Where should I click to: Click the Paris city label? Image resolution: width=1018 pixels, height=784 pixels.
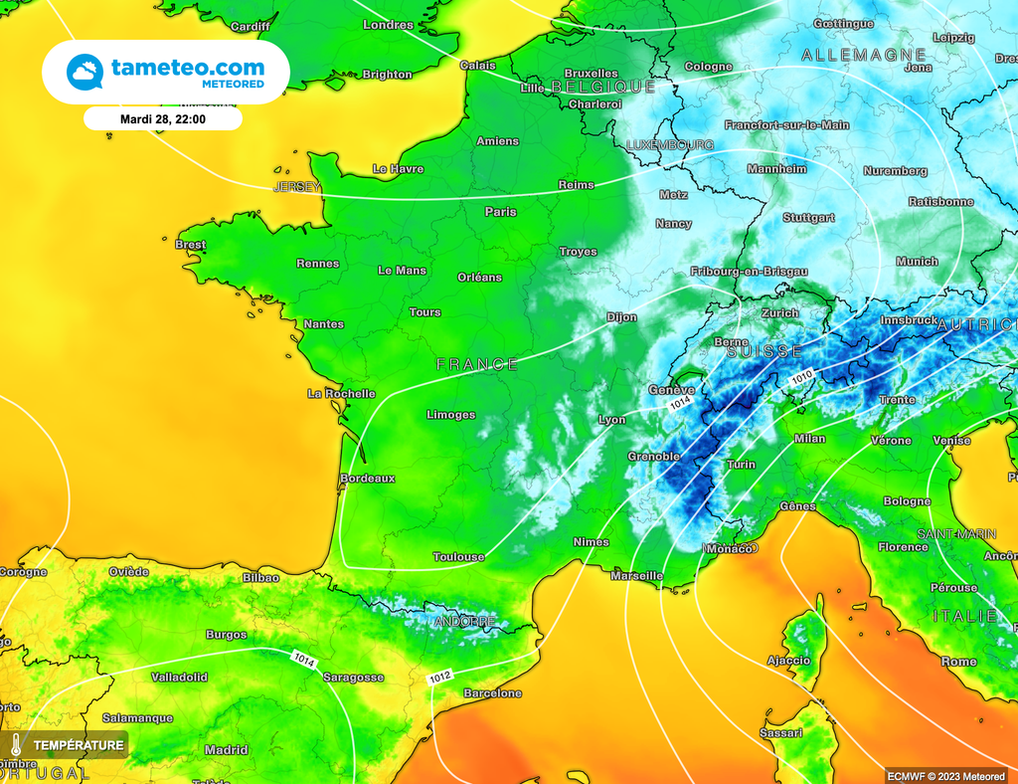500,212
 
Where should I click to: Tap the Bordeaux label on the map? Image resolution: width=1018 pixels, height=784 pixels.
367,479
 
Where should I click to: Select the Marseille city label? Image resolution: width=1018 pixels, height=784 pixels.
636,576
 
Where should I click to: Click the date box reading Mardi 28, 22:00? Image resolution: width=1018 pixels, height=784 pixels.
163,118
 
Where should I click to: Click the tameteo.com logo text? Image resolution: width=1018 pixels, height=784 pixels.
187,68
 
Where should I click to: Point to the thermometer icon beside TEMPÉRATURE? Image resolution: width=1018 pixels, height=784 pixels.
17,744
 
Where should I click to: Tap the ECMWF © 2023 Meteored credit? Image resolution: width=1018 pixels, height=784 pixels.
945,775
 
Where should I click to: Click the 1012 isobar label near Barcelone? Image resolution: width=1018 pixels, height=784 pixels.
440,678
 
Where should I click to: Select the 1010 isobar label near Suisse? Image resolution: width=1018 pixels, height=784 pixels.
802,379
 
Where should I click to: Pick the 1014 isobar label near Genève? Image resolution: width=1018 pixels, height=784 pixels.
680,405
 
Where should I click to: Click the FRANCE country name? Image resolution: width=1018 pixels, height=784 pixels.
477,365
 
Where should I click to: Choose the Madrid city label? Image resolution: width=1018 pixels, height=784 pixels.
226,750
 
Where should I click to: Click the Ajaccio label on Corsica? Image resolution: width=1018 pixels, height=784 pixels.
788,661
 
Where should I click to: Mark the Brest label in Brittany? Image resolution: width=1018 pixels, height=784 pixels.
190,245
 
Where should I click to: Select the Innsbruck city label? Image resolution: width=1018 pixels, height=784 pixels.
909,320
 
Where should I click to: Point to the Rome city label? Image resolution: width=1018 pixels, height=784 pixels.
958,662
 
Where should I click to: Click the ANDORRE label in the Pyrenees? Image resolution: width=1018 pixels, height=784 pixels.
464,622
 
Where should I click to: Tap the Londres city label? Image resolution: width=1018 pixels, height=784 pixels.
388,25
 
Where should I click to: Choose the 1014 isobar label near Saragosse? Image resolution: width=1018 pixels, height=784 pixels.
304,659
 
